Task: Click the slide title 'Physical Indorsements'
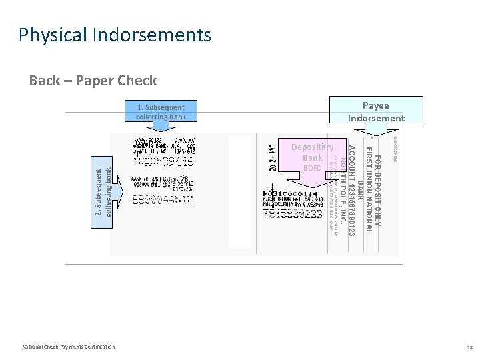pyautogui.click(x=115, y=35)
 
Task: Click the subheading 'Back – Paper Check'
pyautogui.click(x=93, y=81)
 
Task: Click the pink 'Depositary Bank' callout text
pyautogui.click(x=312, y=152)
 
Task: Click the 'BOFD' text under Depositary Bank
pyautogui.click(x=312, y=168)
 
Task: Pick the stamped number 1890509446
pyautogui.click(x=163, y=161)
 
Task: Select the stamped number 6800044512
pyautogui.click(x=163, y=198)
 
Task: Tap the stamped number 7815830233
pyautogui.click(x=293, y=214)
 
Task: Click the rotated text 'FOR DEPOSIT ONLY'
pyautogui.click(x=377, y=190)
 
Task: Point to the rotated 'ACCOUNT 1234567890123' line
pyautogui.click(x=351, y=190)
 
